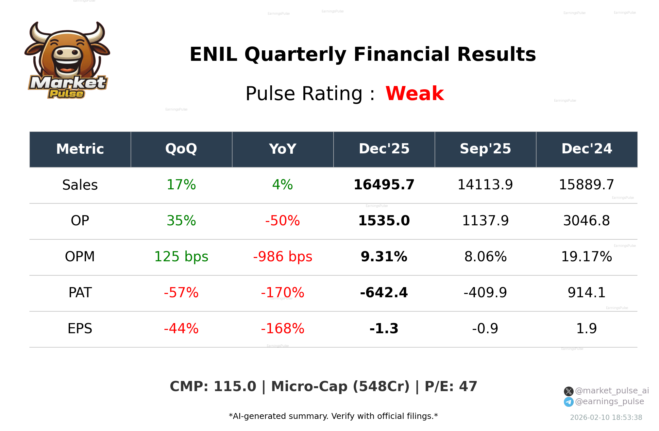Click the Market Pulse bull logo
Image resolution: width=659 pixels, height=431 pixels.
click(x=67, y=60)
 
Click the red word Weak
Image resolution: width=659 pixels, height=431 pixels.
click(x=414, y=94)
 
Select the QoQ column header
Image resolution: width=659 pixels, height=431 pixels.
click(x=181, y=149)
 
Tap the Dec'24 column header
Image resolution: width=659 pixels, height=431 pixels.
click(x=586, y=149)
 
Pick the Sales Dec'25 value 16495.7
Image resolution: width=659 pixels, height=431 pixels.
click(x=384, y=185)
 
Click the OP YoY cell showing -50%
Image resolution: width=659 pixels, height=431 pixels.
click(x=282, y=221)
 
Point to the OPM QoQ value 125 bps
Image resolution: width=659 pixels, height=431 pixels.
click(x=181, y=257)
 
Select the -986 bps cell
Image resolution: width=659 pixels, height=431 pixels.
click(x=282, y=257)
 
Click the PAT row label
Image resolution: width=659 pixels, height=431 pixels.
click(x=80, y=293)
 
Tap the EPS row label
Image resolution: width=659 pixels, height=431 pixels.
click(x=80, y=329)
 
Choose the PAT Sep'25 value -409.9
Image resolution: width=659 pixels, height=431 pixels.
click(x=485, y=293)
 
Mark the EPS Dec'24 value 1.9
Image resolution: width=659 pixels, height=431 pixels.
click(x=586, y=329)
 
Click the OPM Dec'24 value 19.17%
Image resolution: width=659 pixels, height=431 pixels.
click(x=586, y=257)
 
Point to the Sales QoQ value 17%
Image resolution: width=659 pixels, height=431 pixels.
click(x=181, y=185)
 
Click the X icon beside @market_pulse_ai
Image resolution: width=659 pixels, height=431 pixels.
click(x=568, y=391)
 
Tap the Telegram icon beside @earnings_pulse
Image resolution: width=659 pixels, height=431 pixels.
click(x=568, y=402)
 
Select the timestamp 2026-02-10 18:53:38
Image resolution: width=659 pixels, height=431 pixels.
click(x=606, y=418)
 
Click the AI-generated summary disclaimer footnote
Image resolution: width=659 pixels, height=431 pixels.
click(x=333, y=416)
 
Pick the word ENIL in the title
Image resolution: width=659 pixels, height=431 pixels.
click(x=213, y=54)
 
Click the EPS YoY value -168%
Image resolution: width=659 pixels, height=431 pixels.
click(x=282, y=329)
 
